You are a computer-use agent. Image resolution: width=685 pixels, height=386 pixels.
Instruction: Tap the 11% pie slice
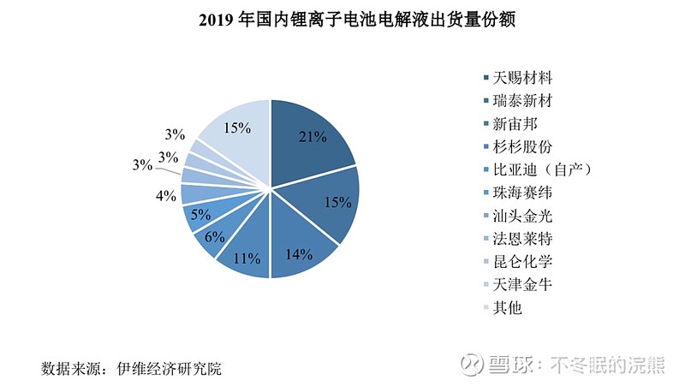tap(246, 252)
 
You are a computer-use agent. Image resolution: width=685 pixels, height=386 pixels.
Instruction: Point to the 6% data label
tap(214, 237)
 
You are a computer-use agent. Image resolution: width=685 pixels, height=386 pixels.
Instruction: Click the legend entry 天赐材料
tap(522, 76)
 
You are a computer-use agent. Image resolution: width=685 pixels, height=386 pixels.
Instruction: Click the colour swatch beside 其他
tap(486, 307)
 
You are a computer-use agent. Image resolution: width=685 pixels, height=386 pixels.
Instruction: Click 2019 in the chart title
tap(217, 18)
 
